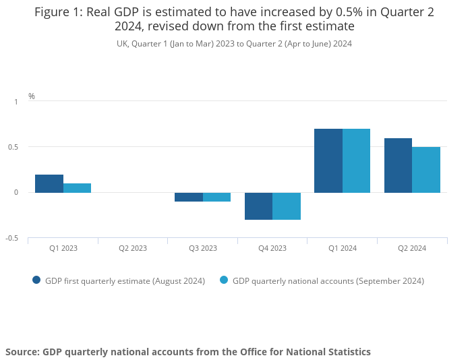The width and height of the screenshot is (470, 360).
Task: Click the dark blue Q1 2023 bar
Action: (x=49, y=183)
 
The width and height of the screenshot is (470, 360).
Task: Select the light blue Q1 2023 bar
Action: (x=77, y=188)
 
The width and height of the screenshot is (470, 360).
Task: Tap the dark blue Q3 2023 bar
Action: (x=189, y=197)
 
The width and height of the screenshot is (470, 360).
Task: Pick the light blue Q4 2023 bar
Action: (x=287, y=206)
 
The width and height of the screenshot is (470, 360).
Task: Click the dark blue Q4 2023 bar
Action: (x=258, y=206)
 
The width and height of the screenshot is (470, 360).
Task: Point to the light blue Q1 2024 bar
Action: (x=356, y=160)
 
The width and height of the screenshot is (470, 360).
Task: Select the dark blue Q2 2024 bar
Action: (x=398, y=165)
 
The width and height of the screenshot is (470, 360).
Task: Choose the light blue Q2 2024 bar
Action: (x=426, y=170)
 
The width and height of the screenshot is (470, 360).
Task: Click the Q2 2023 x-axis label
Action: (x=133, y=248)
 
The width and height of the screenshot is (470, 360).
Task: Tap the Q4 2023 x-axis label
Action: (x=272, y=248)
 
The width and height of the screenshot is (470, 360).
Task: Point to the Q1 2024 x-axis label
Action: (x=342, y=248)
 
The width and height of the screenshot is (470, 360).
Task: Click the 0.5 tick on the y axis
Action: (x=13, y=147)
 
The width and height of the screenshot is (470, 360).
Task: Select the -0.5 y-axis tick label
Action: (x=12, y=238)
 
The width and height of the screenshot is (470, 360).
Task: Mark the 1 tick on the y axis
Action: (x=16, y=101)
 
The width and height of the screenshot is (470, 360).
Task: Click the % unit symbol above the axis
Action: (x=32, y=96)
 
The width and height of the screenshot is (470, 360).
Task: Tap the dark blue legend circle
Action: (x=36, y=280)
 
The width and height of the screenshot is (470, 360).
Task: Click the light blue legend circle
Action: (x=224, y=280)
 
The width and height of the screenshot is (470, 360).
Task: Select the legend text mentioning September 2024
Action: (x=328, y=280)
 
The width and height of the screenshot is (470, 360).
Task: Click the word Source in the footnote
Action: (x=22, y=352)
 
